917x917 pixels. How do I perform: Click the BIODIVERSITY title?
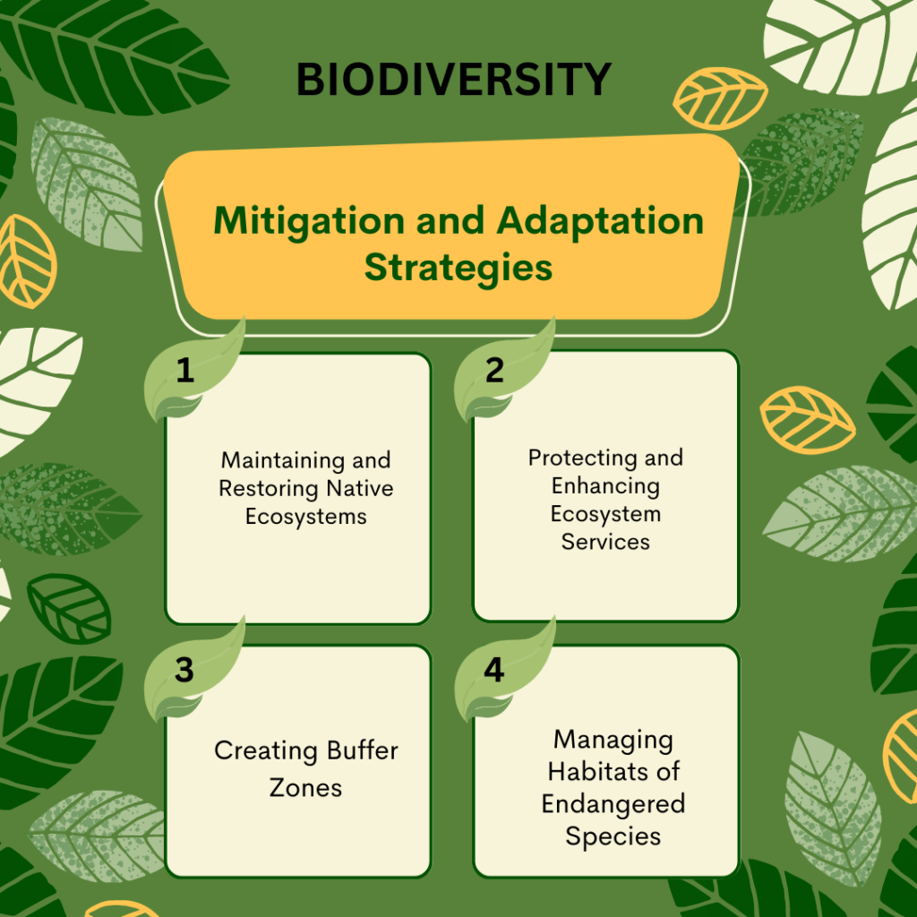click(454, 80)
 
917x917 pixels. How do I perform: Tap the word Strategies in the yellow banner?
click(458, 269)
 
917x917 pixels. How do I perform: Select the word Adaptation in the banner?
click(600, 222)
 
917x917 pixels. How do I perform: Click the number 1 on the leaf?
click(184, 370)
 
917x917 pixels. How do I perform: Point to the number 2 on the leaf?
click(494, 370)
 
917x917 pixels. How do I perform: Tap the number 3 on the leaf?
click(184, 670)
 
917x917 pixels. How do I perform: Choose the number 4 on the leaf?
click(494, 670)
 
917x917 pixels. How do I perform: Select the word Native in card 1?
click(360, 488)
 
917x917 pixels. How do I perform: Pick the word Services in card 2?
click(605, 542)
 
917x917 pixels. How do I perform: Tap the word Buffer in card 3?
click(362, 750)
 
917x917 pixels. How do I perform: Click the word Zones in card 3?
click(306, 788)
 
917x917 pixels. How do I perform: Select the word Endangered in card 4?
click(613, 805)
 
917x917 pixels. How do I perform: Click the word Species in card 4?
click(613, 837)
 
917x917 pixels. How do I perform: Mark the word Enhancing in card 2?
click(605, 486)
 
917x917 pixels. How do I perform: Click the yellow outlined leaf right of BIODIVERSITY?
click(720, 99)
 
